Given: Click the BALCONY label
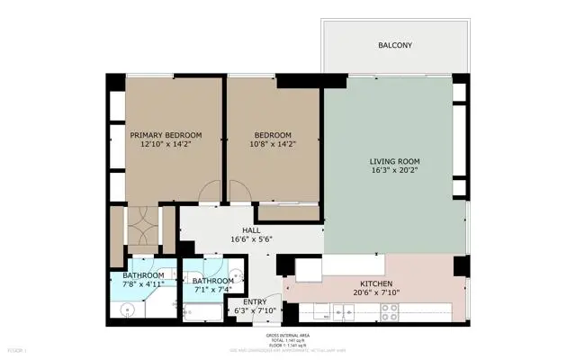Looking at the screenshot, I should [395, 44].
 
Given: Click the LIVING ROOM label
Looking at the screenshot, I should [395, 160].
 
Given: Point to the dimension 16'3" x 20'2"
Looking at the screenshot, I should [395, 169].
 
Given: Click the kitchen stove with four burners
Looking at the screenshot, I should [390, 311].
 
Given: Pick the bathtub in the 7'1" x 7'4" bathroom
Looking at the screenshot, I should [200, 311].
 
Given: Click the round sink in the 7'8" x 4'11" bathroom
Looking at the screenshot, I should [129, 309].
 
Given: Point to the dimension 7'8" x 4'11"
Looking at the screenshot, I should [144, 284].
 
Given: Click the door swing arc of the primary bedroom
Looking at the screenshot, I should [211, 191].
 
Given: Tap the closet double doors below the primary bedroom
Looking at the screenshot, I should [142, 229].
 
